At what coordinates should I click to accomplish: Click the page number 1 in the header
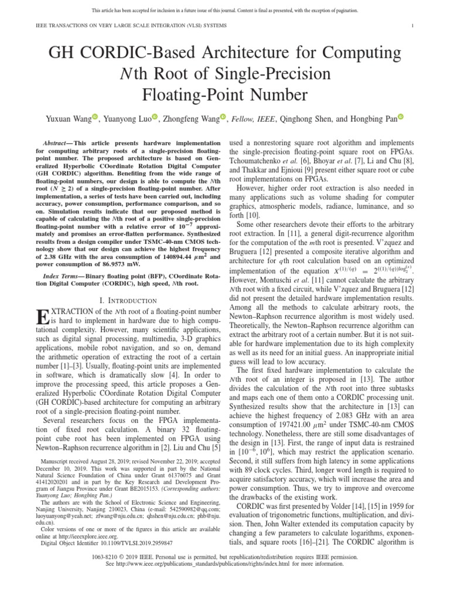pos(413,25)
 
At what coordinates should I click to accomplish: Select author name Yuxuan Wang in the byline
pos(67,118)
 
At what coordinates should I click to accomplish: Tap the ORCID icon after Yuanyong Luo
pos(155,118)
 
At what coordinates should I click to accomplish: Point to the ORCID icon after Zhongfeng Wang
pos(223,118)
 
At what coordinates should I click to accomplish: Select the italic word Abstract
pos(56,143)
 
